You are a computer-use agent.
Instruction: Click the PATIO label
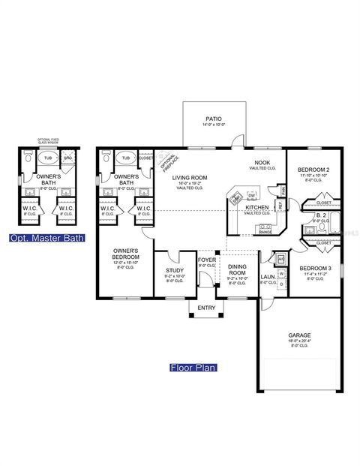213,119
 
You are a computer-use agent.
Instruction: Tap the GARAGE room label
298,335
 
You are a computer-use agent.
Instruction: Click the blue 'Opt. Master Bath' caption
46,238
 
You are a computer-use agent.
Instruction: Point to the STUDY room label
174,272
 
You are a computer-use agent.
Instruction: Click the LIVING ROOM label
190,177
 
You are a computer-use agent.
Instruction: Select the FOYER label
206,260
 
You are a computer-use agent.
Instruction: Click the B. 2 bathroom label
320,215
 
